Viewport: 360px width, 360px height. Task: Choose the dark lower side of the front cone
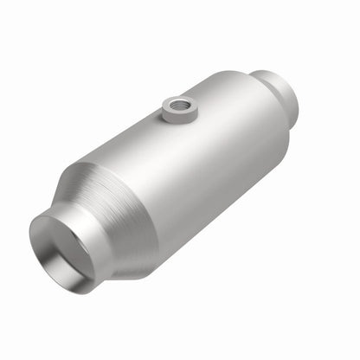coord(130,255)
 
